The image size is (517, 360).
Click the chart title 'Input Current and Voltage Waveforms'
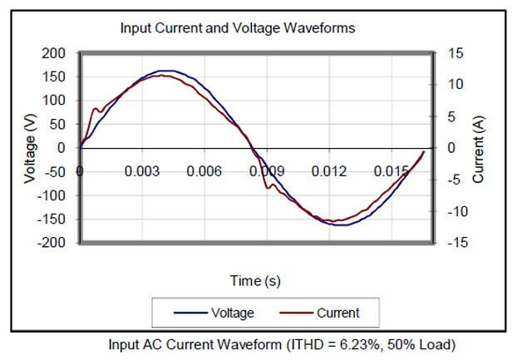238,27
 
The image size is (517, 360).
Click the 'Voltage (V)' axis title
30,148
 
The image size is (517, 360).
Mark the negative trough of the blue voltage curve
341,225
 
